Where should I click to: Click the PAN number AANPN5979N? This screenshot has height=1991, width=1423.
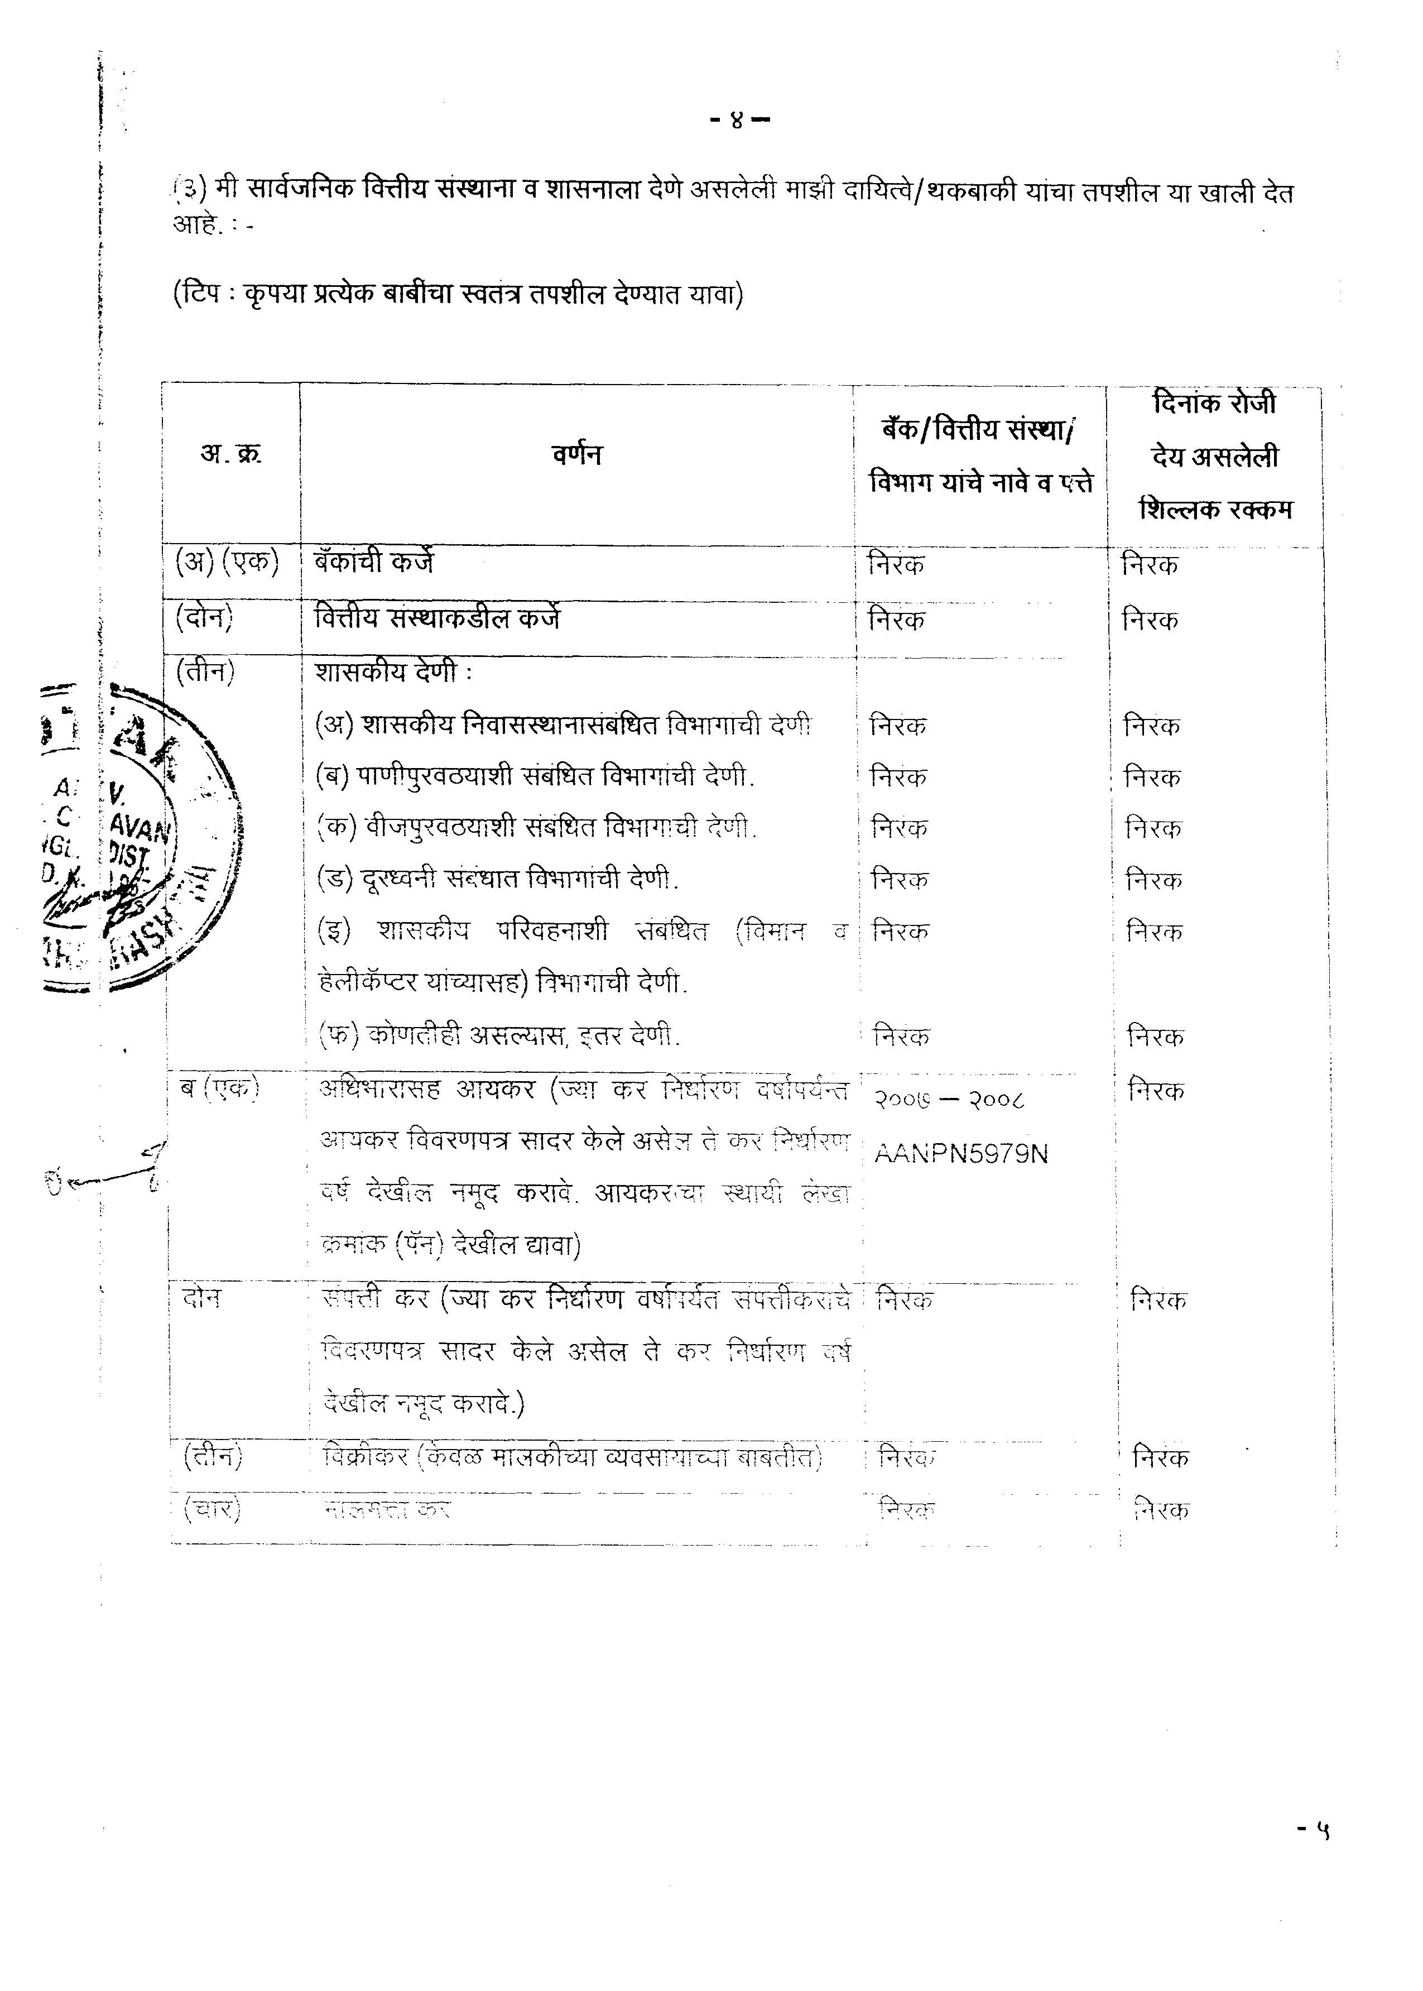point(962,1154)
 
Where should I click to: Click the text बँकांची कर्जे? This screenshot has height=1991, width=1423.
point(373,562)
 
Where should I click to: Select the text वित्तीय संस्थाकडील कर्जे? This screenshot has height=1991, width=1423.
point(438,618)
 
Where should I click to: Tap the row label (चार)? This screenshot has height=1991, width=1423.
point(211,1510)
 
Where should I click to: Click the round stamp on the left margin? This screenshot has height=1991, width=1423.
point(140,837)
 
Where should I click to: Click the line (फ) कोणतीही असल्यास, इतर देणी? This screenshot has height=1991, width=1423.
point(498,1036)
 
